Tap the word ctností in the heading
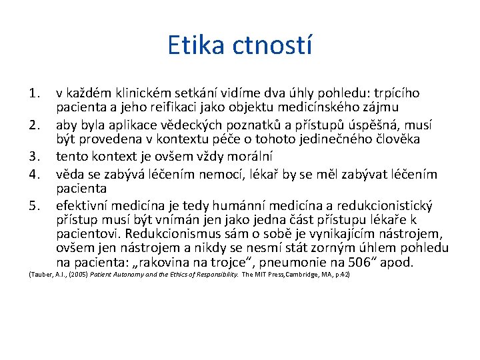click(x=272, y=45)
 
